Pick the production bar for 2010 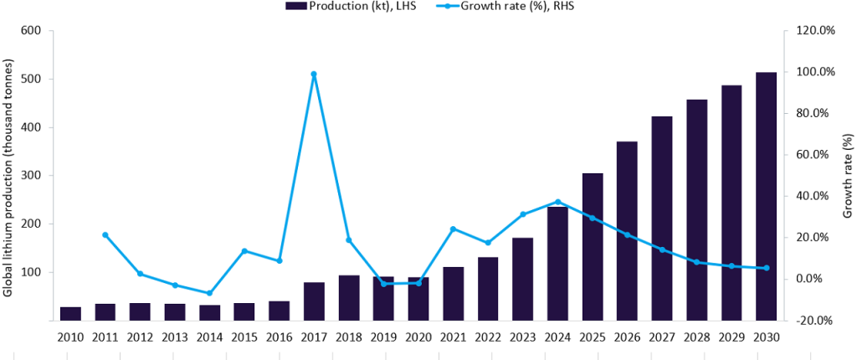(70, 314)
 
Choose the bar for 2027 (661, 219)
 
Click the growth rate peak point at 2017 (314, 75)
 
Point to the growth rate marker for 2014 (209, 293)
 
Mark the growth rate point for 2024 (557, 202)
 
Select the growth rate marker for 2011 (105, 234)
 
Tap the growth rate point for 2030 (766, 268)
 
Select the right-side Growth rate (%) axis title (847, 176)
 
